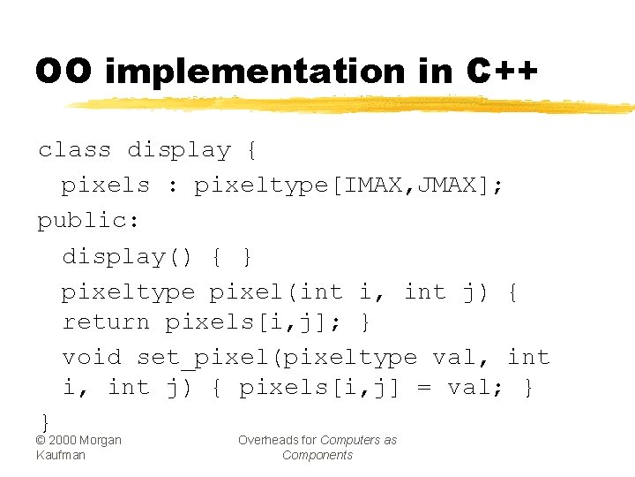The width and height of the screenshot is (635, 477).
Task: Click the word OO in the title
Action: (63, 72)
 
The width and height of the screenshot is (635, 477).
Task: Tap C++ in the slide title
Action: (500, 72)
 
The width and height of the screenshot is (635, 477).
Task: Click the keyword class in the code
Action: (74, 150)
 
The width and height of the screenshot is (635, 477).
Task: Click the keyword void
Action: (92, 357)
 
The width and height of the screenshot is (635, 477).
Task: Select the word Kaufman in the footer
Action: (61, 455)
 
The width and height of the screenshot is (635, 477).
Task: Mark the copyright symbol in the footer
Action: (41, 440)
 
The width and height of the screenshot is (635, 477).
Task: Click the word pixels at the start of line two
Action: (105, 185)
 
